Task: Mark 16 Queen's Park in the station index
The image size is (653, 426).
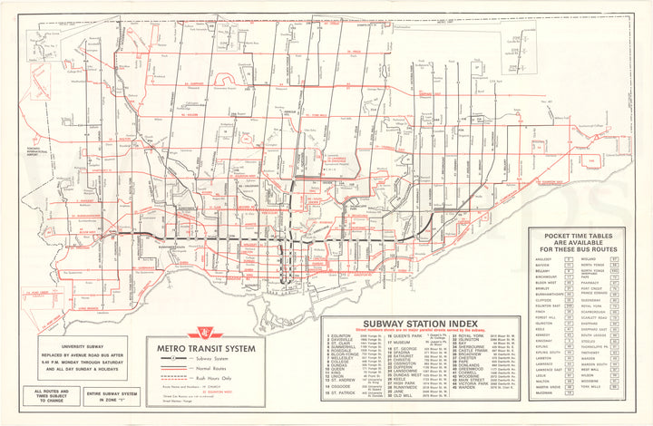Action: tap(404, 335)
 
